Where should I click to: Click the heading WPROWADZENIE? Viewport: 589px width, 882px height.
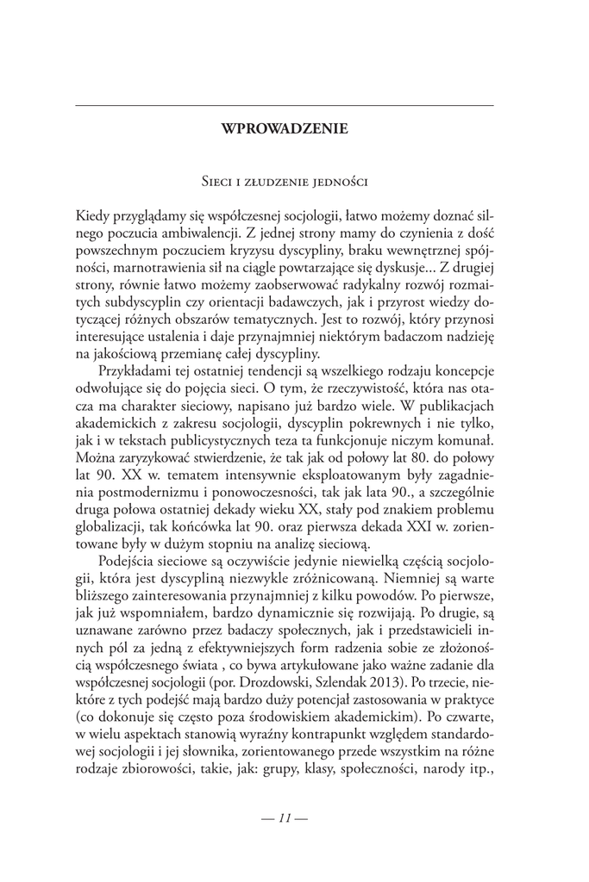coord(285,129)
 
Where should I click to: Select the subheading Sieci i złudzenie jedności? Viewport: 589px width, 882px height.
coord(285,182)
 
